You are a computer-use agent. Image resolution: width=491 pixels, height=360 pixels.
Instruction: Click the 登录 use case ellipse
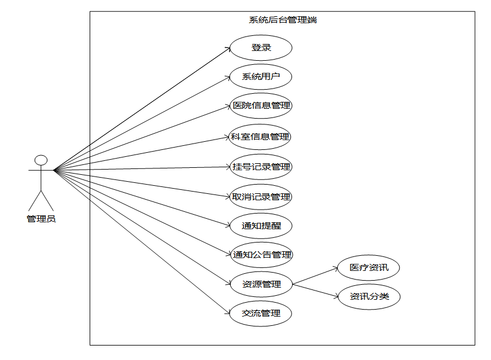click(x=261, y=48)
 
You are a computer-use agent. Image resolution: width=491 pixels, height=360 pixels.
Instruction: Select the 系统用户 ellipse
click(x=261, y=77)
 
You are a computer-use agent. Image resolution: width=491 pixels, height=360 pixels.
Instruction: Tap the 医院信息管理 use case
click(x=261, y=106)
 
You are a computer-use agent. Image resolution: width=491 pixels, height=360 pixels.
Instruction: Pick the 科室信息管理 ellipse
click(x=261, y=137)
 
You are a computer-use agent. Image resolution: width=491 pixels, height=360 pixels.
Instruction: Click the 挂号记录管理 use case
click(x=261, y=167)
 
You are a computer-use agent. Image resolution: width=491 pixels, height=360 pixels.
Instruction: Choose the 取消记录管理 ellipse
click(x=261, y=197)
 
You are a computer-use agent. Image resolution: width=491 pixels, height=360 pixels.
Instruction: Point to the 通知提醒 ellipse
click(x=261, y=226)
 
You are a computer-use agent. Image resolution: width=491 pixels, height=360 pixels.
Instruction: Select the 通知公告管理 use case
click(x=261, y=255)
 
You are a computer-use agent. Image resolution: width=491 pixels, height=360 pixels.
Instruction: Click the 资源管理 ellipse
click(x=261, y=284)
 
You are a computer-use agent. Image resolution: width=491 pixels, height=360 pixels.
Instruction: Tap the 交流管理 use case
click(x=261, y=314)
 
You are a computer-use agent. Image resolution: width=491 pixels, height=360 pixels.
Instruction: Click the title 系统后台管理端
click(x=283, y=20)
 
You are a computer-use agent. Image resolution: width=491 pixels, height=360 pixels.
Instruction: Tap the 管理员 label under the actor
click(x=41, y=219)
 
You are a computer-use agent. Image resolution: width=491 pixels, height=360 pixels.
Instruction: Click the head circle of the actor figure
click(x=40, y=160)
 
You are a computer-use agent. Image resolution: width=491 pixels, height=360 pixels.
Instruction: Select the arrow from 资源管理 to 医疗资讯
click(x=315, y=276)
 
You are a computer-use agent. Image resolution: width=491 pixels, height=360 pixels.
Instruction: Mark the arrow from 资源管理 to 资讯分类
click(x=315, y=291)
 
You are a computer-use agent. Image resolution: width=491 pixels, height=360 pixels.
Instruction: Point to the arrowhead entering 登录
click(x=227, y=49)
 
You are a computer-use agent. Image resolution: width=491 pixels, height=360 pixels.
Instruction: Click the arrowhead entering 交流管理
click(x=227, y=313)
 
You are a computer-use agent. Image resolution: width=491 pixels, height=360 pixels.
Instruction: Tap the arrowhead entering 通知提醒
click(x=227, y=225)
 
